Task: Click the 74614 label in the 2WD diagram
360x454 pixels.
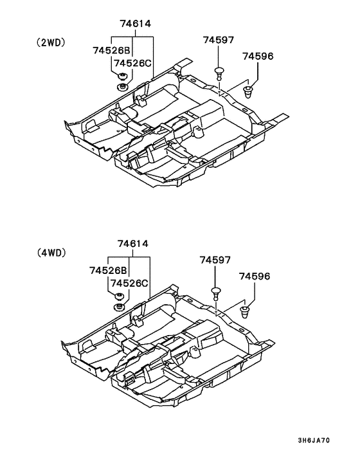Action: (136, 23)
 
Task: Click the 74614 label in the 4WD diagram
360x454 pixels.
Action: (133, 244)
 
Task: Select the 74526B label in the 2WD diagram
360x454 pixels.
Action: (112, 50)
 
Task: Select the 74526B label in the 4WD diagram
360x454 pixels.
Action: (108, 271)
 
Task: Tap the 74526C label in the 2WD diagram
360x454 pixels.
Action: (132, 63)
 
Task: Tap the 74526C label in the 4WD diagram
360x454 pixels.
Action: (129, 283)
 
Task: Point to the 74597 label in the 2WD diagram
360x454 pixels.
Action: (219, 40)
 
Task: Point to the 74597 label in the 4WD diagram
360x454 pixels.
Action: (215, 260)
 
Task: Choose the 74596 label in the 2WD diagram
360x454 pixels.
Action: (258, 56)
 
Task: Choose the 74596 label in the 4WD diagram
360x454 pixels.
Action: (255, 277)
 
